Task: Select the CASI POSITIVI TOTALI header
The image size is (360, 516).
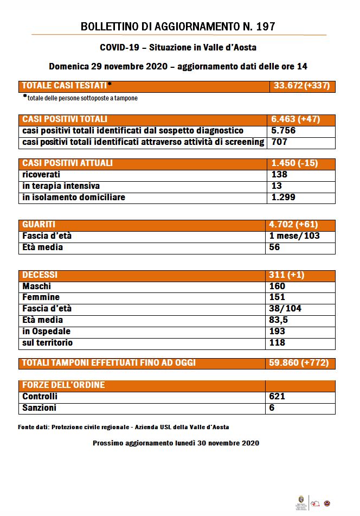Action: pos(65,119)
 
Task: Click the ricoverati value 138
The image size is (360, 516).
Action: pos(278,175)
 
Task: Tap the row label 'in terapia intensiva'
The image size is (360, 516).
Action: pos(61,186)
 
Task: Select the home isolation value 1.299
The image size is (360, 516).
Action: pos(282,198)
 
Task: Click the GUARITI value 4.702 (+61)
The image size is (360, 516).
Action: pos(293,225)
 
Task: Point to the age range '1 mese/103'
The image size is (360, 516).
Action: pos(295,236)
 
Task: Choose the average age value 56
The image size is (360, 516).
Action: pos(275,247)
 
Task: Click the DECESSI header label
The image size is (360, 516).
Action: pos(40,275)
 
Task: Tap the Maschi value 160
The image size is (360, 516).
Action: pos(277,286)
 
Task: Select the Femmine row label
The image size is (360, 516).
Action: pos(41,297)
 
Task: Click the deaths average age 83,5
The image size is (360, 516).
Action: pos(280,320)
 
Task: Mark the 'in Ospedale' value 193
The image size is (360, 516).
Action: pos(277,332)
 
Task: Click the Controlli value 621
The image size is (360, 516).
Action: pos(277,397)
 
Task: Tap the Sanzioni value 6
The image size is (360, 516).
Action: pos(272,408)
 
